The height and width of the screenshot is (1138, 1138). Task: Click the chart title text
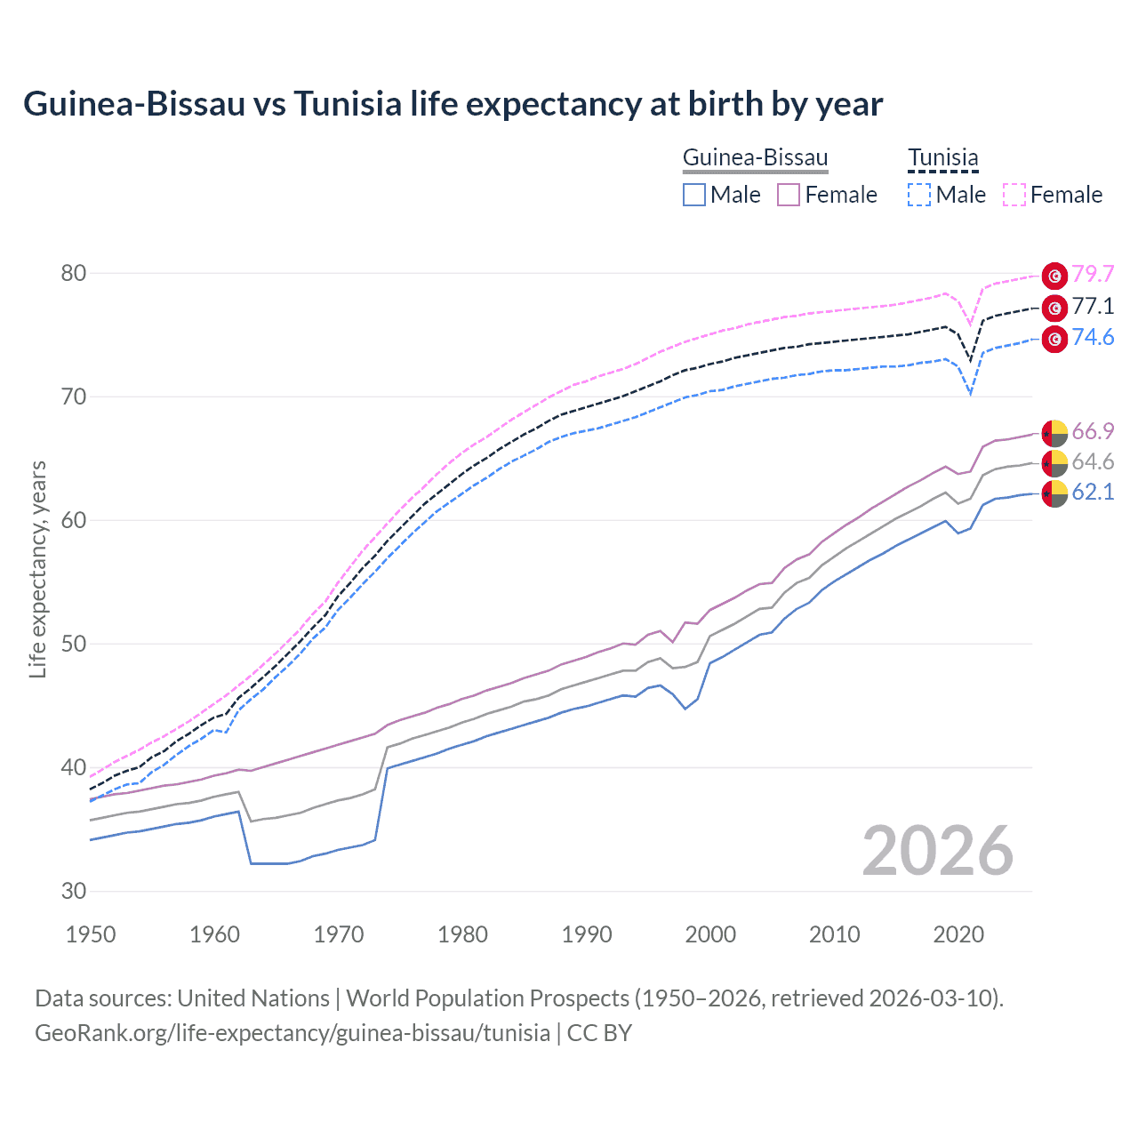tap(453, 104)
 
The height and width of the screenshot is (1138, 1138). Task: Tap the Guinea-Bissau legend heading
tap(755, 158)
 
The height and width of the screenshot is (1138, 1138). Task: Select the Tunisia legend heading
tap(942, 158)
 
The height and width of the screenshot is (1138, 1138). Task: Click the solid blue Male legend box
tap(694, 195)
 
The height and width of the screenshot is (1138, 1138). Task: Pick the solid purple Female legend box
tap(789, 195)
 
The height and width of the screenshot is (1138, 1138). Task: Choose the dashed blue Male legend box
tap(919, 195)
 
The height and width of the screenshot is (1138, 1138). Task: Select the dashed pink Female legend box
tap(1014, 195)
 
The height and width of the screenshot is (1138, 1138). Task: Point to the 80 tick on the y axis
tap(74, 273)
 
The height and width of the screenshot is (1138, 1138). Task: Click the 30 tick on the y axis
tap(74, 891)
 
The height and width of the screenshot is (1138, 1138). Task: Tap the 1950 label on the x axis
tap(91, 934)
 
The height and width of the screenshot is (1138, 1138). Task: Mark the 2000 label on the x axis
tap(710, 934)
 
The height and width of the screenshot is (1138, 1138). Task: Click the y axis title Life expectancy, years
tap(37, 569)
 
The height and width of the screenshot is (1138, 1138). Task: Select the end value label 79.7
tap(1093, 274)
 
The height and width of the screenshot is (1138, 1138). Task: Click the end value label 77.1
tap(1093, 307)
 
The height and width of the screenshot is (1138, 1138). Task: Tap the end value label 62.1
tap(1093, 493)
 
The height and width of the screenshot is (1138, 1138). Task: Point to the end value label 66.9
tap(1093, 432)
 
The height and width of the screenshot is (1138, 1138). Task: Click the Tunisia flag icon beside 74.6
tap(1054, 339)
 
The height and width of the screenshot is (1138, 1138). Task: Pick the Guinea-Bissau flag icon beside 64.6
tap(1054, 462)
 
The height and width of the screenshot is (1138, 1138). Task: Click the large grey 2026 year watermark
tap(937, 851)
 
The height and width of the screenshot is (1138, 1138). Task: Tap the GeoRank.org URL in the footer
tap(293, 1033)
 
